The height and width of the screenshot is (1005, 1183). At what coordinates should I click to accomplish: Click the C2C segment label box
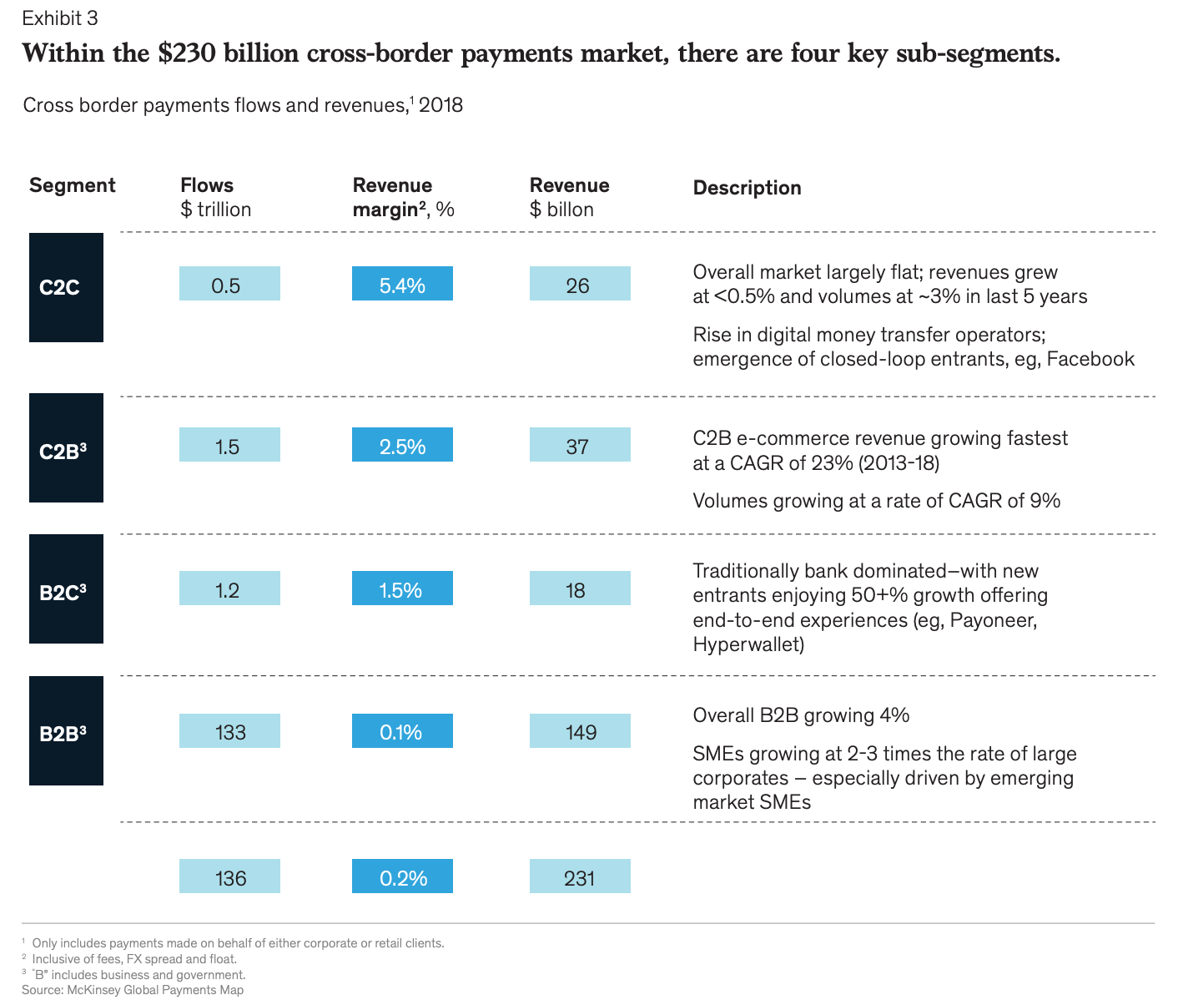[66, 287]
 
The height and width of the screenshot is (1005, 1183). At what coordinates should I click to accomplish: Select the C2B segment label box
[66, 448]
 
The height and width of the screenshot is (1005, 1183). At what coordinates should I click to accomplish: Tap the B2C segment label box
[66, 589]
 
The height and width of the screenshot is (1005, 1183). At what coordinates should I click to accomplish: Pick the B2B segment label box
[66, 731]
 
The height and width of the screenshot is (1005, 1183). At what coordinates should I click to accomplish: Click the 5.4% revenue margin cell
[402, 284]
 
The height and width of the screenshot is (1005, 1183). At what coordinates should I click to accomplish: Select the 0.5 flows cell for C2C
[229, 284]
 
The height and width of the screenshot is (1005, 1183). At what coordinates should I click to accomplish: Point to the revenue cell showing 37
[580, 445]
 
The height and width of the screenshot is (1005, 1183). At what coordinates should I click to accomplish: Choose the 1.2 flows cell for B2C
[229, 588]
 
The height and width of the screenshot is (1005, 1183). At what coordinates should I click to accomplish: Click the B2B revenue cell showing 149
[580, 731]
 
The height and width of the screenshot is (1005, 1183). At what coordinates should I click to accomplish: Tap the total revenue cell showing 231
[580, 876]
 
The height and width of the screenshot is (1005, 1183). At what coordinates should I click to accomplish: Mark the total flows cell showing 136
[229, 876]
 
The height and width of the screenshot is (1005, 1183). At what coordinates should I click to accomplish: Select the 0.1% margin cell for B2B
[402, 731]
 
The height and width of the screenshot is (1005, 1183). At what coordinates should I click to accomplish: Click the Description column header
[747, 188]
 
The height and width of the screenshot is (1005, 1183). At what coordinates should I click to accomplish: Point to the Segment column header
[73, 185]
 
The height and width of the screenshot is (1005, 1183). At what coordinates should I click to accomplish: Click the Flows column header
[207, 185]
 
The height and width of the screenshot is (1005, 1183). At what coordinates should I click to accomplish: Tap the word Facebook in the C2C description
[1090, 359]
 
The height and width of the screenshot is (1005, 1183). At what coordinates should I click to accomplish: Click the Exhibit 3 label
[59, 18]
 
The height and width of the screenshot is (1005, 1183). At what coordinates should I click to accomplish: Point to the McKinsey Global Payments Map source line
[133, 990]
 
